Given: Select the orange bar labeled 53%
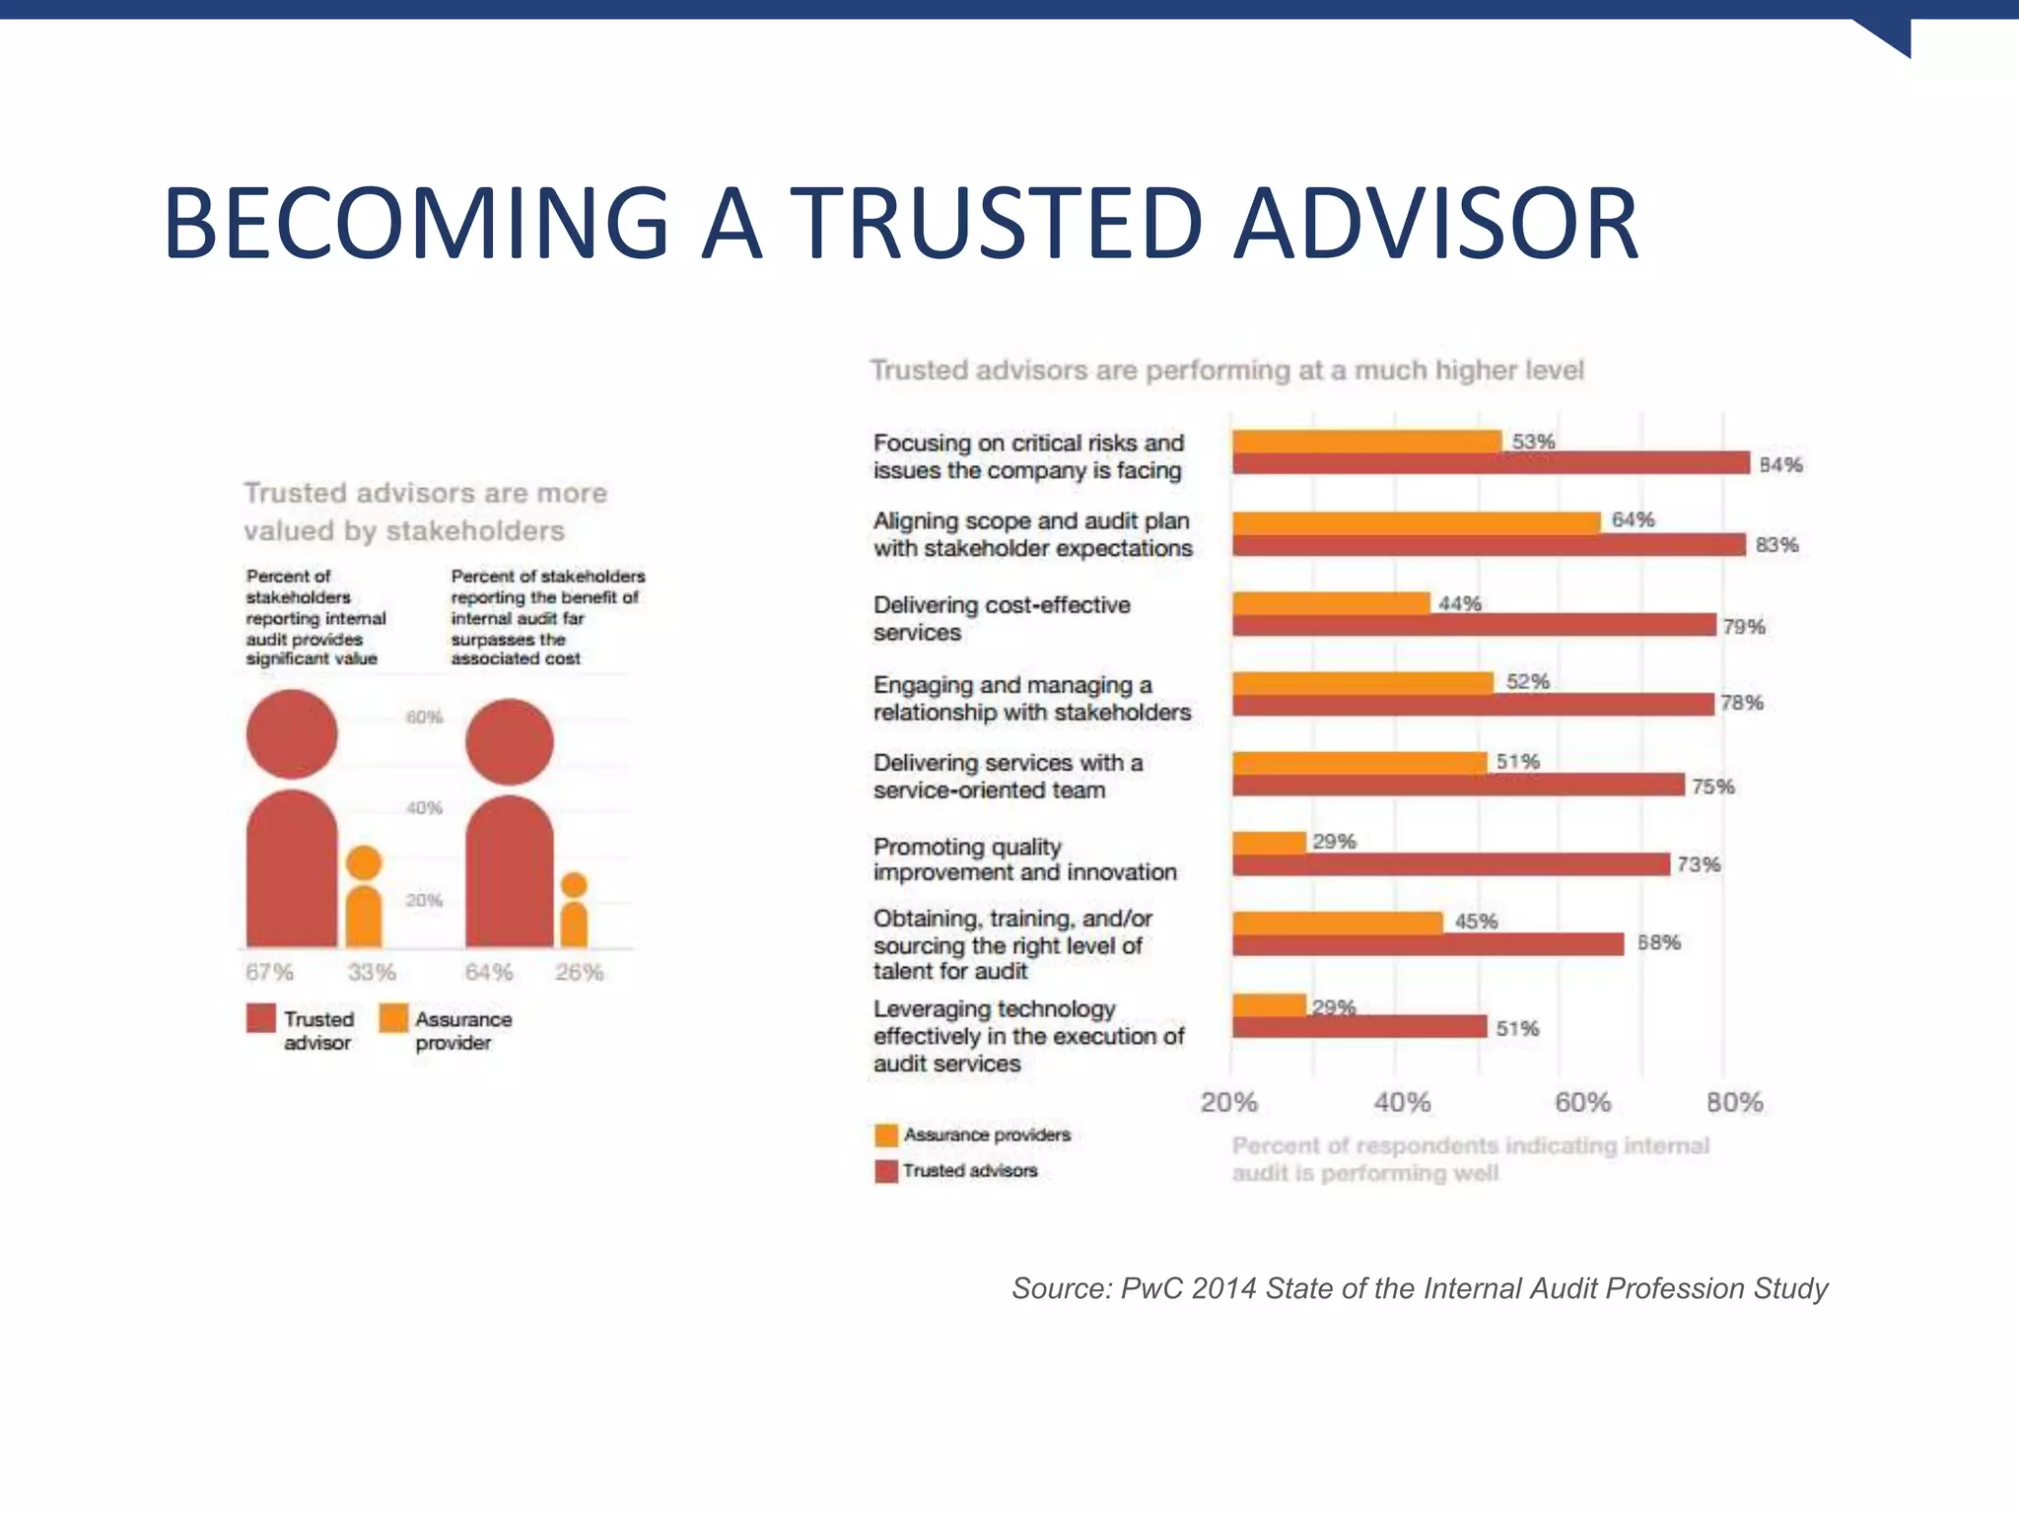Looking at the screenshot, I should [1366, 442].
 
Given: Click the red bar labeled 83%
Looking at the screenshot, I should [1489, 545].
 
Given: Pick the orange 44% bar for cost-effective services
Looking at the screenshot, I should [1331, 603].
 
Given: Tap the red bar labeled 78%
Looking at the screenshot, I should [1473, 704].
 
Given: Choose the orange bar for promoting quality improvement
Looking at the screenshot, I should [1270, 843].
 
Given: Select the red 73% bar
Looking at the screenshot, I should [1451, 865].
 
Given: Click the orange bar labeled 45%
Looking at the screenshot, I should [1338, 923].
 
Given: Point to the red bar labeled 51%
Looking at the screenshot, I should [1359, 1027].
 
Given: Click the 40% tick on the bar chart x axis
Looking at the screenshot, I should [1401, 1102].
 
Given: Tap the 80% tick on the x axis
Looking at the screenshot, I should [1734, 1102].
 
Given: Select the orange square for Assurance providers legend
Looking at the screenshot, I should [886, 1135].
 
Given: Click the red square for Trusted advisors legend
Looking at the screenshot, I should [886, 1171].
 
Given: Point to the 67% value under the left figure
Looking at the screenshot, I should [269, 973].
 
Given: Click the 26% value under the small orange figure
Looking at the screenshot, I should [579, 973].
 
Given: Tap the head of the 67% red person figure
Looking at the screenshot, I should [292, 734].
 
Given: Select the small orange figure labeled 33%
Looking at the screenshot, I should [364, 897].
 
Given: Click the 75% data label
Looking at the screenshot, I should [1712, 787].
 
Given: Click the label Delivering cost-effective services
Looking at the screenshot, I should [1002, 619].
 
